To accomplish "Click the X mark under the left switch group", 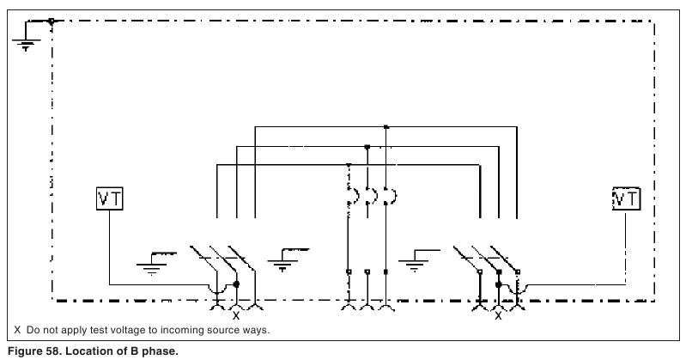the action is click(236, 315).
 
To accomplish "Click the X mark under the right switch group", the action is click(498, 315).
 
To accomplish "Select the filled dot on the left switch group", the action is click(236, 284).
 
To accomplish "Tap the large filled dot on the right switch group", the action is click(498, 284).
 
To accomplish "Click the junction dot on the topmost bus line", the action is click(385, 127).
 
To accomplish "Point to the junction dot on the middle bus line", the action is click(367, 147).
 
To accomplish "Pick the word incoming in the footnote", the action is click(177, 330).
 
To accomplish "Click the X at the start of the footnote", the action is click(17, 330).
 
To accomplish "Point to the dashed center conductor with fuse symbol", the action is click(349, 232).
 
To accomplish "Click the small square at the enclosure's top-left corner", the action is click(52, 21).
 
